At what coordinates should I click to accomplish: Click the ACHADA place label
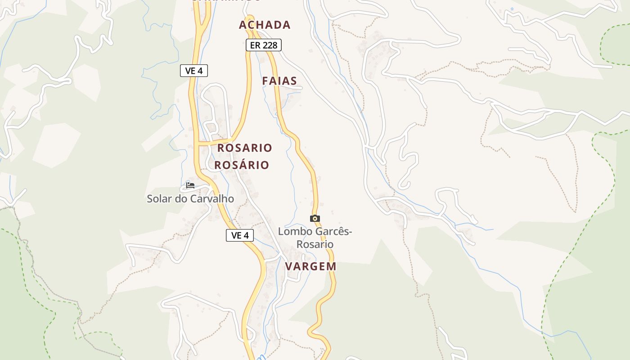(265, 25)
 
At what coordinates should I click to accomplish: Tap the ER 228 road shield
(263, 45)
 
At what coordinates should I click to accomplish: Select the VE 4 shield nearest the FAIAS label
(194, 71)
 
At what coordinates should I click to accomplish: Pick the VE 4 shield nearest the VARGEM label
(240, 235)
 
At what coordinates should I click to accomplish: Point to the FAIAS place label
(279, 81)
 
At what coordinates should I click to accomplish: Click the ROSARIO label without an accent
(245, 148)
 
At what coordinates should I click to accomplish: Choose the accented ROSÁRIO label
(242, 165)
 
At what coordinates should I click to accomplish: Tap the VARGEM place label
(310, 266)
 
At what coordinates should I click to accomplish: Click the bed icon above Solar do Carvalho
(190, 185)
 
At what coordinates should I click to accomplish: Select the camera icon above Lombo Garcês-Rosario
(315, 218)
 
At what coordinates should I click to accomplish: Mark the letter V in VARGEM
(289, 266)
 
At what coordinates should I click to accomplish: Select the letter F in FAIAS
(265, 81)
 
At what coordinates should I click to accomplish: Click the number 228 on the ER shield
(270, 45)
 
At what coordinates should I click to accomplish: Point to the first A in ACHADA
(243, 25)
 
